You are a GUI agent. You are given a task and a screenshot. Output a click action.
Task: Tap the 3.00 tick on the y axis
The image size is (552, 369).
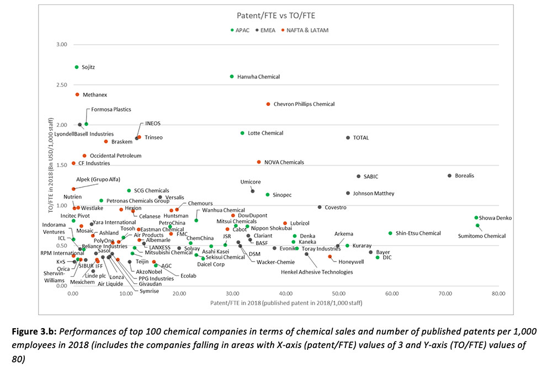[x=62, y=45]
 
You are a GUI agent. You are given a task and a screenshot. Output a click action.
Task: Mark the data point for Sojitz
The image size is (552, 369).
[x=77, y=67]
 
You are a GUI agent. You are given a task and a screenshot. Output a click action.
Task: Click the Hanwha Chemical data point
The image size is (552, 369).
[x=232, y=77]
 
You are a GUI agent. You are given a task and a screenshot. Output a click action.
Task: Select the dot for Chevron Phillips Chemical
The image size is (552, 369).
[x=268, y=104]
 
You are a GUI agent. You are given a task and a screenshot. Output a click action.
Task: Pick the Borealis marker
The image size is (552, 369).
[x=449, y=176]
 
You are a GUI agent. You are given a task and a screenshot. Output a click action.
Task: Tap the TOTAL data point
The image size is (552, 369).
[x=348, y=138]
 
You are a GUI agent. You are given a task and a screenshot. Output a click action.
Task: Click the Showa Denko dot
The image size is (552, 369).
[x=476, y=218]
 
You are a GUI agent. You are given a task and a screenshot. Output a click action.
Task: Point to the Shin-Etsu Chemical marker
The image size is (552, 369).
[x=390, y=233]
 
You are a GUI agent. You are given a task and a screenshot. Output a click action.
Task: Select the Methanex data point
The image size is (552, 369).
[x=77, y=95]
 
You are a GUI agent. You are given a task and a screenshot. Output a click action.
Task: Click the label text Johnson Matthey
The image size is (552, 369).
[x=374, y=194]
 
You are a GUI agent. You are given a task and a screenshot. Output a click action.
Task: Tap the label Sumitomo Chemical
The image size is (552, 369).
[x=481, y=236]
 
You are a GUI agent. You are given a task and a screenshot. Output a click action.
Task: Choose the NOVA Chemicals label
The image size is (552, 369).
[x=284, y=162]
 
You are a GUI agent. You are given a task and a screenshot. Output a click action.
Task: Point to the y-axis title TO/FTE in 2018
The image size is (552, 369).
[x=50, y=165]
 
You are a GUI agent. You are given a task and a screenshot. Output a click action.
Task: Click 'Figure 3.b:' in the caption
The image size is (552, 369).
[x=37, y=331]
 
